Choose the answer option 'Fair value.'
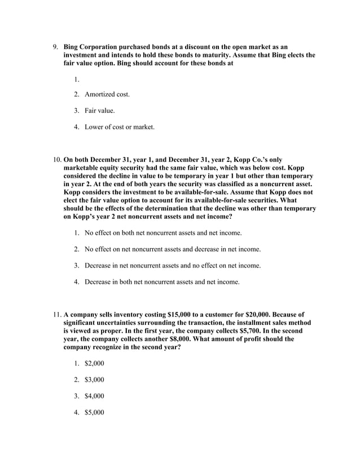99,111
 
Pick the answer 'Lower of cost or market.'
119,127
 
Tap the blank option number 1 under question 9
76,77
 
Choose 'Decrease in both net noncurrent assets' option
161,282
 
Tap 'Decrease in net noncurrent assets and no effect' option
172,265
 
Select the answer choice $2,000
94,363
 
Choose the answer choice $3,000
94,380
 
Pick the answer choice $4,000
94,396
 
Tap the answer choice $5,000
94,412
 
